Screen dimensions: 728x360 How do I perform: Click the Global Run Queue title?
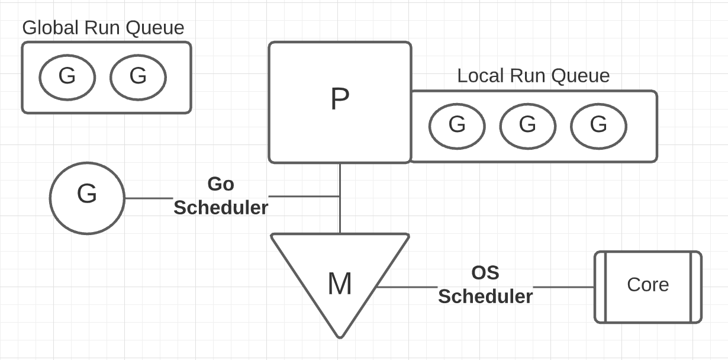click(x=103, y=28)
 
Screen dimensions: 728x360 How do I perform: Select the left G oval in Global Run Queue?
click(x=67, y=78)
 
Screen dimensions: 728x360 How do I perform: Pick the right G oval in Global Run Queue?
click(x=138, y=78)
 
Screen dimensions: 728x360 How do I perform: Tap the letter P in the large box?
click(x=340, y=99)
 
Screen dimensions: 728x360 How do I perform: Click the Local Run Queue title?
click(x=533, y=76)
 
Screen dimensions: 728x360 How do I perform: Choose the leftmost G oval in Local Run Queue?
click(x=457, y=126)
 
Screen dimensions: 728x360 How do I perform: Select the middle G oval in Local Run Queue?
click(x=528, y=126)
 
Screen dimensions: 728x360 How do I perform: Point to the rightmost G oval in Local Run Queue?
click(x=598, y=126)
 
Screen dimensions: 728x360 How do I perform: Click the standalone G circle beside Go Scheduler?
click(x=87, y=198)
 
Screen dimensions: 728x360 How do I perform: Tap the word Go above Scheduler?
click(x=221, y=184)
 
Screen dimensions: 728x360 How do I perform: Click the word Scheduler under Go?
click(x=221, y=208)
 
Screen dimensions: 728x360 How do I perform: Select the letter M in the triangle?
click(x=340, y=284)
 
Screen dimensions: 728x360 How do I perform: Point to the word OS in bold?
click(x=485, y=272)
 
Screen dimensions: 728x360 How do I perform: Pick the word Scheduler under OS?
click(x=485, y=297)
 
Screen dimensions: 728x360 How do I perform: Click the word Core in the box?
click(x=648, y=285)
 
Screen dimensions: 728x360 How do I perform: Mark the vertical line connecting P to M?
click(x=340, y=198)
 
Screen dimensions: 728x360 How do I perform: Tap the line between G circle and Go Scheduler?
click(x=149, y=198)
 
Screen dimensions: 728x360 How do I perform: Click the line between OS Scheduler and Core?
click(x=563, y=287)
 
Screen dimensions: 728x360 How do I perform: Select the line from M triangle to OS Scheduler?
click(x=407, y=287)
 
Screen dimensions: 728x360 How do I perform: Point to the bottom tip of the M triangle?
click(x=340, y=337)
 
